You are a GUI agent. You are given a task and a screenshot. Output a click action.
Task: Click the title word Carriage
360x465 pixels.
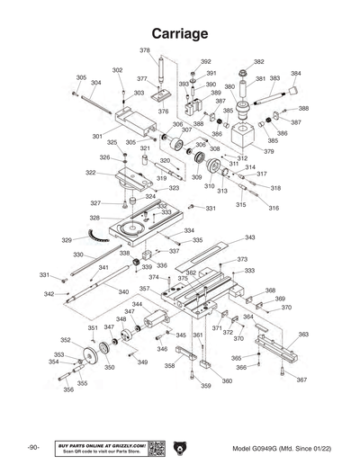click(x=180, y=33)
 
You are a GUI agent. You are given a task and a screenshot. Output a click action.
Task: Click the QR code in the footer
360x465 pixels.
click(x=155, y=448)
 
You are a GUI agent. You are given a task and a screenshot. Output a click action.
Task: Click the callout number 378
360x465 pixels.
click(x=145, y=50)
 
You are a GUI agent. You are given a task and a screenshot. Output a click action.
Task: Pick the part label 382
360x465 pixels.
click(x=259, y=62)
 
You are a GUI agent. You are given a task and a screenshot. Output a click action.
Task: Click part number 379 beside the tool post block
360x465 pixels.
click(x=268, y=151)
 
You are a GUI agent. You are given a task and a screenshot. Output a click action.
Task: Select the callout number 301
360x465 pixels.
click(x=96, y=136)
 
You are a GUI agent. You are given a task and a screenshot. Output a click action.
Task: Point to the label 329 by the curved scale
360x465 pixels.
click(x=67, y=240)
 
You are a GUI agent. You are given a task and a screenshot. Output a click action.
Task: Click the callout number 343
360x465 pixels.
click(x=249, y=237)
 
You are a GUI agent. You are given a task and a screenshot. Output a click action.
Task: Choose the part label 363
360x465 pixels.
click(x=303, y=334)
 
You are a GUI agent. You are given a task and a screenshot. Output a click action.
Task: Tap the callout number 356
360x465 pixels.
click(x=67, y=390)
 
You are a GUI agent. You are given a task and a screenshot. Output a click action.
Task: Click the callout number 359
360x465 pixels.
click(x=205, y=386)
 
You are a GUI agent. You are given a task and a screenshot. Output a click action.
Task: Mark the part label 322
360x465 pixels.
click(x=91, y=172)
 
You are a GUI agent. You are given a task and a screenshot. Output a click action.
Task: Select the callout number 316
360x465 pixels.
click(x=274, y=208)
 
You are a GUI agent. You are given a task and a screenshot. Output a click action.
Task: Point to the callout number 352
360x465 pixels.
click(x=66, y=340)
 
